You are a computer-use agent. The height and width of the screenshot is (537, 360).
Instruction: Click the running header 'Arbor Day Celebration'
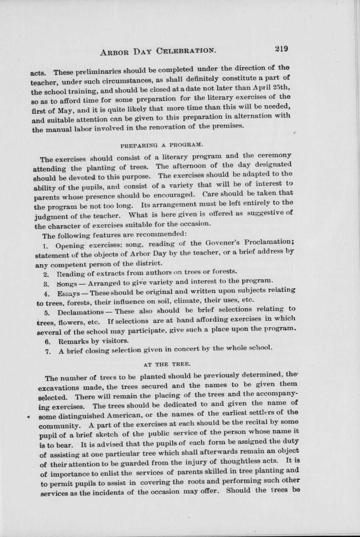pos(158,51)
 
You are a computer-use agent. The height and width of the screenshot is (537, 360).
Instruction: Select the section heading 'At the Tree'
pos(165,364)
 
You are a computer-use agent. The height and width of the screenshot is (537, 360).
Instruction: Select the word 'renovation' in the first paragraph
pos(170,127)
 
